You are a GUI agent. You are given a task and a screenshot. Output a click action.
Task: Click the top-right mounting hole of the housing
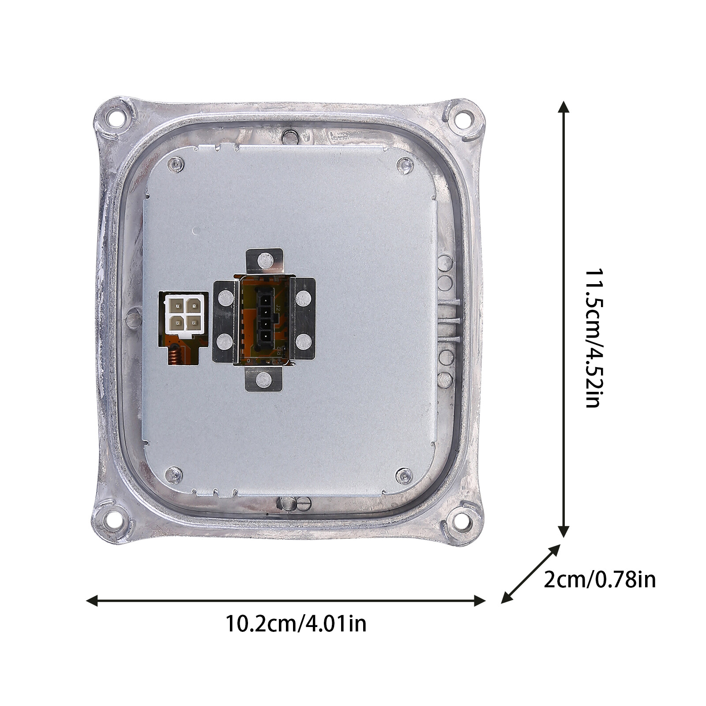[x=464, y=118]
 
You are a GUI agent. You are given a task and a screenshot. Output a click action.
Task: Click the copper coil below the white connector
[x=175, y=353]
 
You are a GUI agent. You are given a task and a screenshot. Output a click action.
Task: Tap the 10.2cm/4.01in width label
[x=296, y=624]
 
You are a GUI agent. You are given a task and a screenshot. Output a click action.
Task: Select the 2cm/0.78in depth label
[x=600, y=580]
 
